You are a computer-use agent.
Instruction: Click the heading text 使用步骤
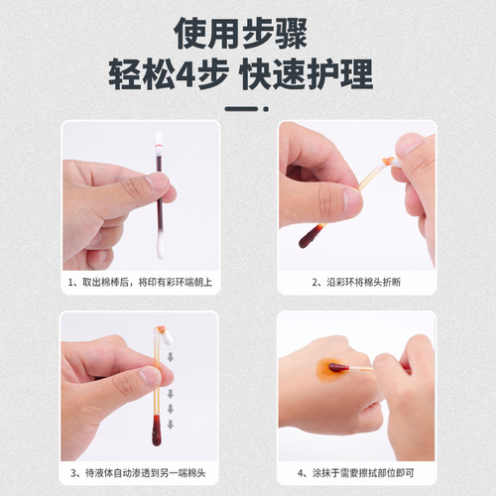click(x=248, y=34)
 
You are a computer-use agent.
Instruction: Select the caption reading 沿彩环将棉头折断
click(x=356, y=281)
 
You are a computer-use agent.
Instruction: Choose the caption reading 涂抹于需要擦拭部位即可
click(x=356, y=473)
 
